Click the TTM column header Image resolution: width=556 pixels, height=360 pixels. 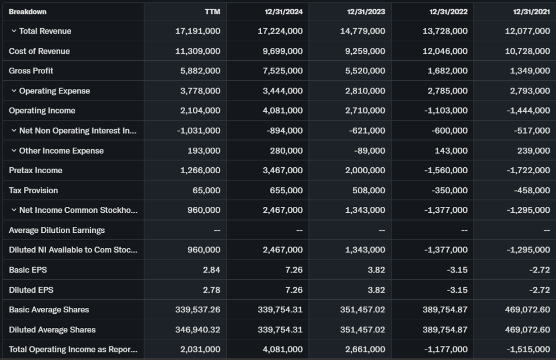(x=213, y=12)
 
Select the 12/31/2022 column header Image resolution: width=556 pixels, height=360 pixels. (x=448, y=12)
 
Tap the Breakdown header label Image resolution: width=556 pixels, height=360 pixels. (x=28, y=12)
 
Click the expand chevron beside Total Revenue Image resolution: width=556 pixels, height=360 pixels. (x=14, y=31)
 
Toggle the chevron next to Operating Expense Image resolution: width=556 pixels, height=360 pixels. (x=14, y=91)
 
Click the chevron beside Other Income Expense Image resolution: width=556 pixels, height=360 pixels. (x=14, y=151)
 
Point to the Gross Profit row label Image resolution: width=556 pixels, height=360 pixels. (x=31, y=71)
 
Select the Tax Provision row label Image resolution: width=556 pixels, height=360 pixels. (x=33, y=191)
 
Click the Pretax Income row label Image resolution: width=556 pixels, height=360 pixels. (x=35, y=170)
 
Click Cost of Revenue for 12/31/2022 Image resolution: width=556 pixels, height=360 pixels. (x=445, y=51)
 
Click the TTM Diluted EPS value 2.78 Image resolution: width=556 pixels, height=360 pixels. (x=211, y=290)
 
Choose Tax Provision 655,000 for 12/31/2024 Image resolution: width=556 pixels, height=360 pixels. (x=286, y=191)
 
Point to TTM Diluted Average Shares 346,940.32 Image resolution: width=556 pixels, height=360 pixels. (x=198, y=330)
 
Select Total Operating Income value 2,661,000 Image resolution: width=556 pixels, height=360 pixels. (x=365, y=350)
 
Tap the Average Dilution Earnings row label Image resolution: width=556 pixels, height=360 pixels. (x=56, y=230)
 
